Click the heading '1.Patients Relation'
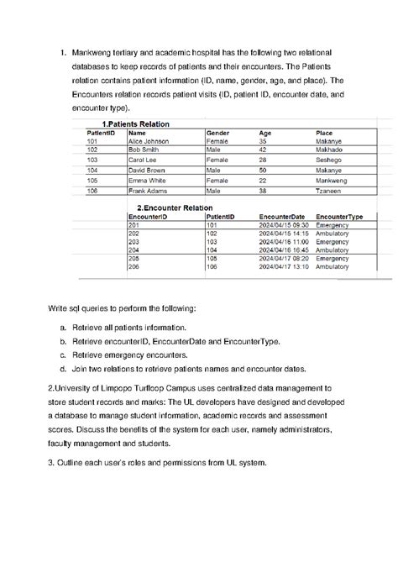[134, 123]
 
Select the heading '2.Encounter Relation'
[175, 207]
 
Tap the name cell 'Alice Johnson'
[148, 141]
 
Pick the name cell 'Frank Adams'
[146, 191]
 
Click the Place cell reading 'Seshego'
[327, 159]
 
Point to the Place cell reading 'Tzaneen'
[328, 191]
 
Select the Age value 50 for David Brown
[263, 170]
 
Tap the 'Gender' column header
[217, 133]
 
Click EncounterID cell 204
[133, 250]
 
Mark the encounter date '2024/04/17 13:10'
[285, 267]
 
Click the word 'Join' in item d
[80, 369]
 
